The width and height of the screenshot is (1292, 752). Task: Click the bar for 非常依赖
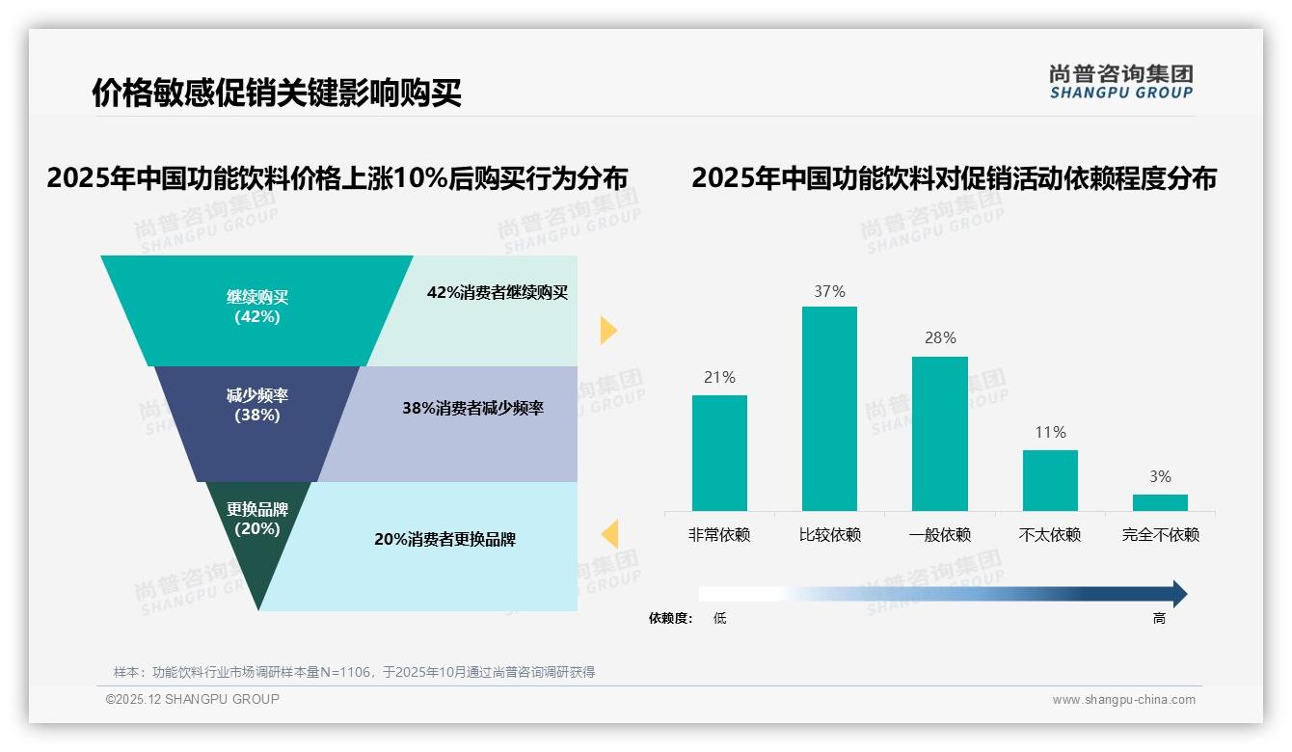(719, 452)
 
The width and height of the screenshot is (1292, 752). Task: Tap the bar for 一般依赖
(939, 433)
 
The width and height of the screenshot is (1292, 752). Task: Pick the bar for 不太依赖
(1050, 480)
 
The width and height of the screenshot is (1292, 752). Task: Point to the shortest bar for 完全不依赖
(1160, 502)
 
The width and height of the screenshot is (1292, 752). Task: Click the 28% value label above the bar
(939, 337)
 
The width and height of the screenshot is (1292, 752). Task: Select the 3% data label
(1160, 476)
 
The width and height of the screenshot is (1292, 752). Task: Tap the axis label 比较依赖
(829, 535)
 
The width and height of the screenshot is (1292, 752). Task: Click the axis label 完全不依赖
(1160, 535)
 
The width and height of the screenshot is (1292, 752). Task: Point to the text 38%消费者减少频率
(472, 408)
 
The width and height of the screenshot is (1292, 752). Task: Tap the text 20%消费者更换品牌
(444, 539)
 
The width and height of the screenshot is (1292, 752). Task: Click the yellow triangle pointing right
(607, 330)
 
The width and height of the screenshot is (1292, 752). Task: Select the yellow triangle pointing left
(609, 534)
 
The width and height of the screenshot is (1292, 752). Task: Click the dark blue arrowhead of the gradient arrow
(1178, 594)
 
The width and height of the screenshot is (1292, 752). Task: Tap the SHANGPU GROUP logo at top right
(1120, 82)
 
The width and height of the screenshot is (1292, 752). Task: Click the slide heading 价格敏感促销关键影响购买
(277, 94)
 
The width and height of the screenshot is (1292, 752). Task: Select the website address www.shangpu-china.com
(1123, 700)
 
